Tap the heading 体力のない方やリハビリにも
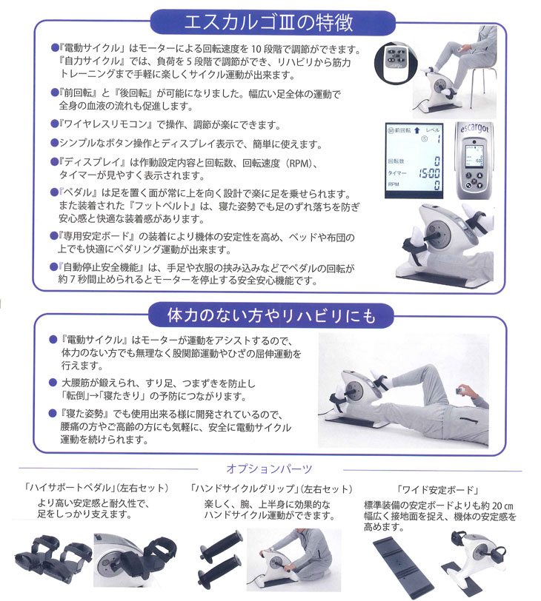271,315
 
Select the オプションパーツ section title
268,469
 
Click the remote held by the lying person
465,391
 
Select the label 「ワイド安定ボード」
430,488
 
